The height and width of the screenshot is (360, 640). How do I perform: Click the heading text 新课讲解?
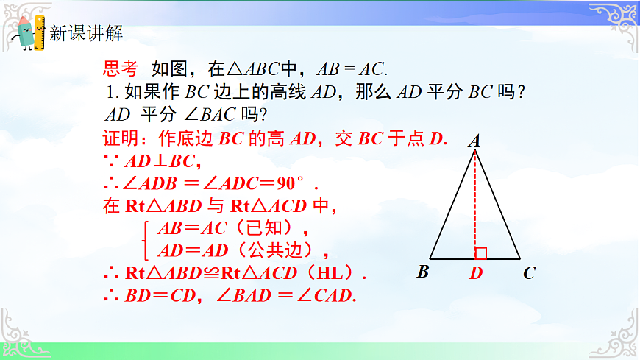click(x=86, y=33)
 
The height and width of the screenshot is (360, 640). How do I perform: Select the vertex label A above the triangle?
click(x=474, y=140)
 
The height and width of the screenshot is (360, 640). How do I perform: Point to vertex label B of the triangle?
click(x=423, y=272)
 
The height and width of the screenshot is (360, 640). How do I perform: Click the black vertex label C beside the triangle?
click(x=529, y=274)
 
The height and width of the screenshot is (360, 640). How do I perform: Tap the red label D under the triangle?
click(x=476, y=274)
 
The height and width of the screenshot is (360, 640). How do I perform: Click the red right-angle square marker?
click(x=481, y=253)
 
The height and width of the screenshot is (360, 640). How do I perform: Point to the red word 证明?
click(x=120, y=138)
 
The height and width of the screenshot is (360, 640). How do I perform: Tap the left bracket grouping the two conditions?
click(x=146, y=239)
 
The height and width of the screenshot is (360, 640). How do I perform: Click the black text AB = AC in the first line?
click(x=351, y=69)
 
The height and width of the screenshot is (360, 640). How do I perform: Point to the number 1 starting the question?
click(x=111, y=93)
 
